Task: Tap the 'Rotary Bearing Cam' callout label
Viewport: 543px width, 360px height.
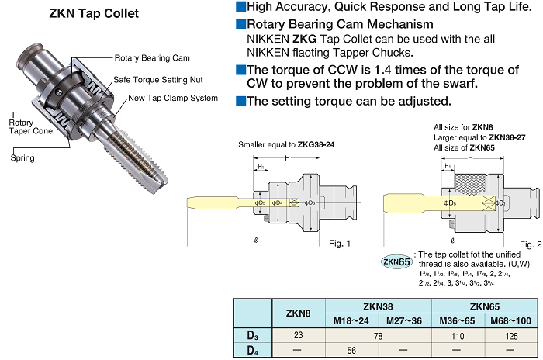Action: click(152, 58)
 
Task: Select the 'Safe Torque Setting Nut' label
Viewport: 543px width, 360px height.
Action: click(159, 79)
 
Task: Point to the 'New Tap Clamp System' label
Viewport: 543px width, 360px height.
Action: click(173, 99)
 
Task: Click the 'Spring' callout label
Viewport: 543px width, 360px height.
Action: click(22, 157)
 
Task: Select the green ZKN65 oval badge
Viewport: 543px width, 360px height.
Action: click(396, 261)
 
